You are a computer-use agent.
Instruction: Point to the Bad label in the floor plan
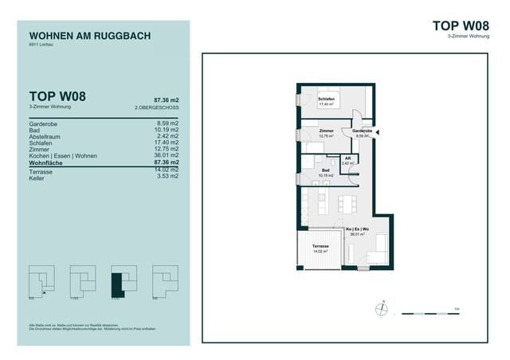(x=326, y=172)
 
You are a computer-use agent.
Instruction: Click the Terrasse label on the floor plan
(x=320, y=248)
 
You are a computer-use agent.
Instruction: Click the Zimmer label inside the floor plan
(x=326, y=132)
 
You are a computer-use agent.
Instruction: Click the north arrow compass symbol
(x=383, y=305)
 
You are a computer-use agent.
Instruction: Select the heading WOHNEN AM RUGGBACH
(x=89, y=36)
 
